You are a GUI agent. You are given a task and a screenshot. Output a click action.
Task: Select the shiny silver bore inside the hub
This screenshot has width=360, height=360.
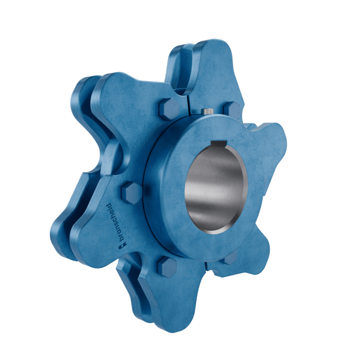[x=215, y=189]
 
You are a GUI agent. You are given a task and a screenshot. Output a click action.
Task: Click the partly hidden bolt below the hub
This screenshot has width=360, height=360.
[x=230, y=258]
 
